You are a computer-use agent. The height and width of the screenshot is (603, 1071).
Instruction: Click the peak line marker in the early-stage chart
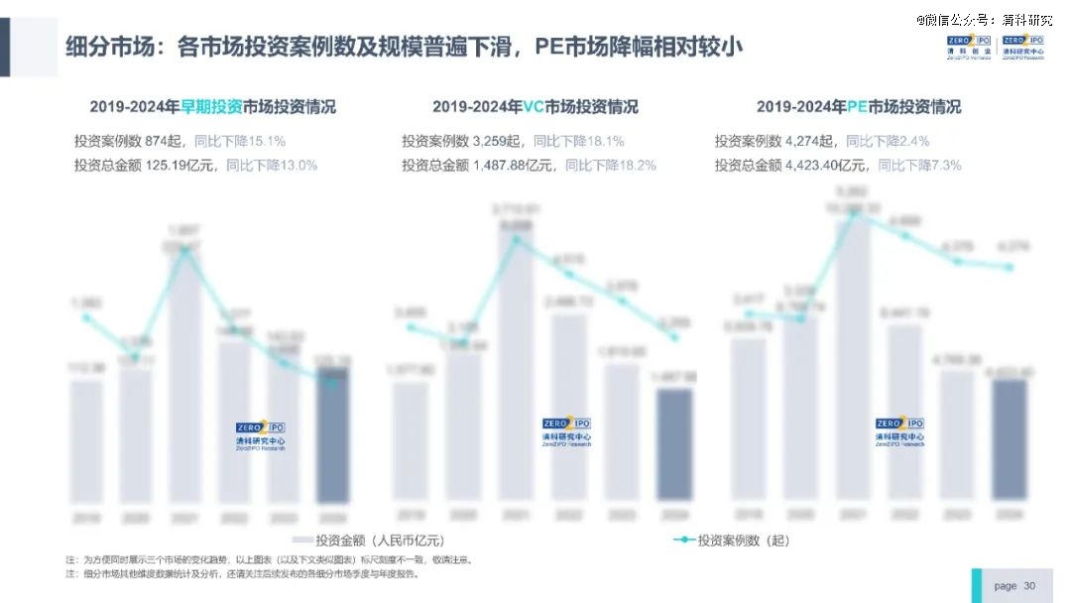(184, 251)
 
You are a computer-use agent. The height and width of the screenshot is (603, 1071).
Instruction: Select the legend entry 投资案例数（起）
(731, 541)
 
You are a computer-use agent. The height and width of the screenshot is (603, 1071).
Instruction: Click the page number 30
(1029, 586)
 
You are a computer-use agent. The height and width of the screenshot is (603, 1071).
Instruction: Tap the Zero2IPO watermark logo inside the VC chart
(566, 432)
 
